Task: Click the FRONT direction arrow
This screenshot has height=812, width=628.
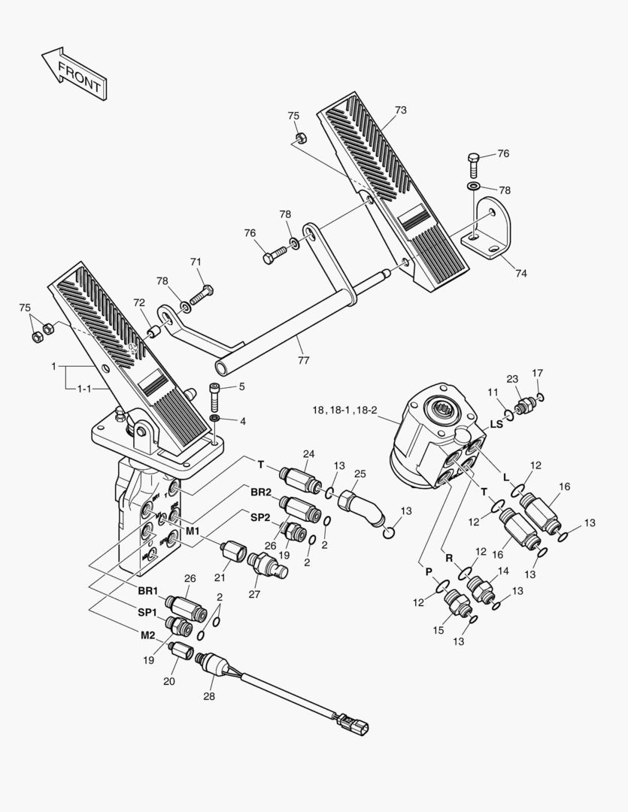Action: coord(73,74)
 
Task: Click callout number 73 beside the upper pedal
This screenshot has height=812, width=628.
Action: coord(400,111)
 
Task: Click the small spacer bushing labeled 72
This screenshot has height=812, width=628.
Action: coord(154,331)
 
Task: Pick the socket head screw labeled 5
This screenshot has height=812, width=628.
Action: coord(214,392)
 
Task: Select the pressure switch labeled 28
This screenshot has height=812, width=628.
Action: coord(214,661)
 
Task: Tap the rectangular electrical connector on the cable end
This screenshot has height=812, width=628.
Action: coord(354,724)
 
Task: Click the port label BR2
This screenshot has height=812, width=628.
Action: coord(261,492)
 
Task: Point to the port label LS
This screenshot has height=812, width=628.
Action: coord(496,425)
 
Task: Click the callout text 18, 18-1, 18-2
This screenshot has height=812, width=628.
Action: coord(345,410)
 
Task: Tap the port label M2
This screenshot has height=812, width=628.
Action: coord(147,635)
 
